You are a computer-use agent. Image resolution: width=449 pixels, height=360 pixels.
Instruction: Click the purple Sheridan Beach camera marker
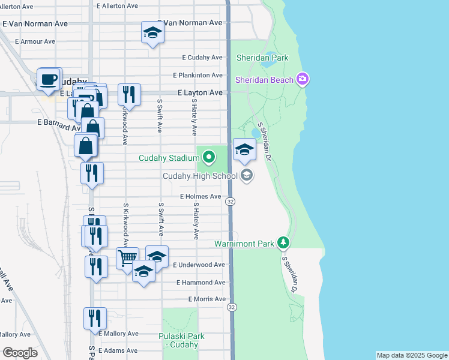303,80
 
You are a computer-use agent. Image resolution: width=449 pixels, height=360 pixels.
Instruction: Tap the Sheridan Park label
262,58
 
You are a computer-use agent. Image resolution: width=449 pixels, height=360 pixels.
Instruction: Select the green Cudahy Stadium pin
209,158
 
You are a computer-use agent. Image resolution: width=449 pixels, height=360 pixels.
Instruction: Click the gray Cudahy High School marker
246,176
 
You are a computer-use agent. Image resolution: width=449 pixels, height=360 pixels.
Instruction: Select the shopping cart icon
127,259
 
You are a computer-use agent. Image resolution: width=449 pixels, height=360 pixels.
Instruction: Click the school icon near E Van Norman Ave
152,32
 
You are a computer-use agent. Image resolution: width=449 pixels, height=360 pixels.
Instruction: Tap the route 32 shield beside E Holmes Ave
231,202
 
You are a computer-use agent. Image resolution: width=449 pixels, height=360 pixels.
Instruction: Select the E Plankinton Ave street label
197,76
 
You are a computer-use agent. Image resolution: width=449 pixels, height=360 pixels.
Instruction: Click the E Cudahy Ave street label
202,58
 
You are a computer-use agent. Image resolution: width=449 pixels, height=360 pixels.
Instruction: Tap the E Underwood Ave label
199,265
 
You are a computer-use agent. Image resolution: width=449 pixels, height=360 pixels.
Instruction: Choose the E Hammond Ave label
200,282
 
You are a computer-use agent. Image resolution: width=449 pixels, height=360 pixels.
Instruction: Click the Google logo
20,353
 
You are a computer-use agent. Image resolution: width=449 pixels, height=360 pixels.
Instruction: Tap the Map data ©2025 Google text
411,355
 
